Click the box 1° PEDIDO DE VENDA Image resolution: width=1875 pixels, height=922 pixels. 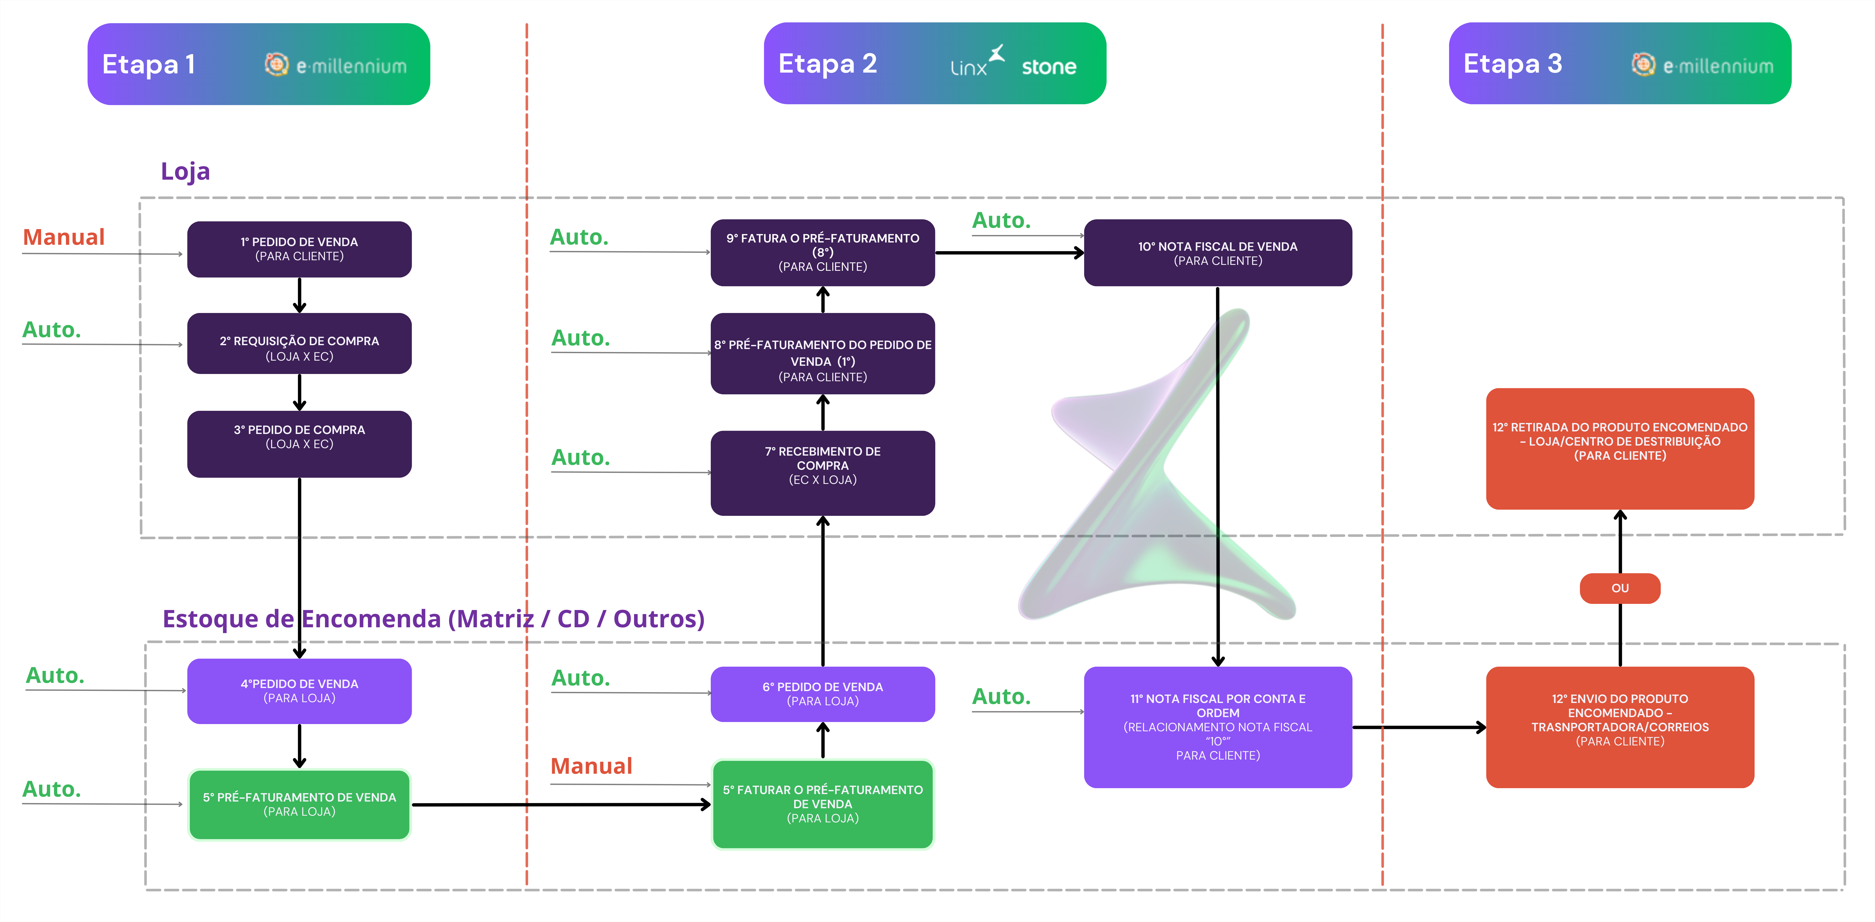(x=299, y=249)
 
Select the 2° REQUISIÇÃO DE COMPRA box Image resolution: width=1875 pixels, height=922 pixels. (x=299, y=343)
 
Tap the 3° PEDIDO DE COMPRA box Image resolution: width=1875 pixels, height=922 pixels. (x=299, y=444)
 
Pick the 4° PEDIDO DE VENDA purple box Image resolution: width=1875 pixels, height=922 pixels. (x=299, y=691)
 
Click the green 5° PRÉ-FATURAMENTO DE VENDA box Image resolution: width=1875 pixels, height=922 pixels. (x=299, y=804)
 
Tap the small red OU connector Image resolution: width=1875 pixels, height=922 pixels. (x=1620, y=588)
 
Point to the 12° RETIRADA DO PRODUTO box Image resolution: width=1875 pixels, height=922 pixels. (x=1620, y=448)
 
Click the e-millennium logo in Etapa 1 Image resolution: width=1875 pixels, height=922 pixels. (x=336, y=65)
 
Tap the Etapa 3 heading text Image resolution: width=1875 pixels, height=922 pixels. (x=1512, y=64)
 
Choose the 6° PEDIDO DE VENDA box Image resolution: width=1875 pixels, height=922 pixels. (x=823, y=693)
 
